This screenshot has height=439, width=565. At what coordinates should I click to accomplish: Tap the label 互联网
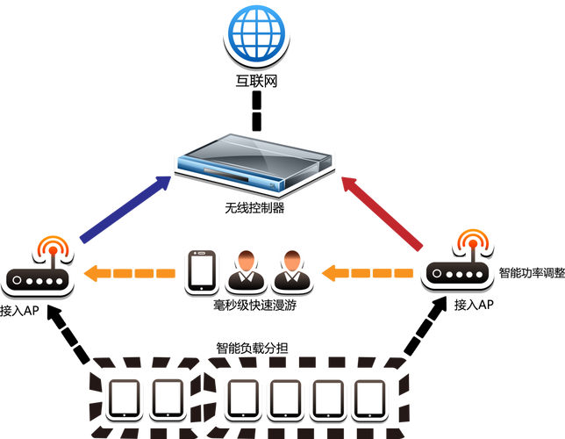click(x=256, y=81)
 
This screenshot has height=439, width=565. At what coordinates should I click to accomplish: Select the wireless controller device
click(x=254, y=164)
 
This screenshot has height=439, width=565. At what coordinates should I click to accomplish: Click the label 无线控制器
click(x=254, y=208)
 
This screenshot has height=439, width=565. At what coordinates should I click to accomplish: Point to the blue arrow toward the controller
click(x=125, y=210)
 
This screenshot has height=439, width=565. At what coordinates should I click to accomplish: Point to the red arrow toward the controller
click(x=382, y=213)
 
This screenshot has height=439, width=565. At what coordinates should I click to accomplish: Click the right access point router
click(x=458, y=261)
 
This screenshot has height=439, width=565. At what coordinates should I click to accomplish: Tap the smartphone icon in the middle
click(x=202, y=271)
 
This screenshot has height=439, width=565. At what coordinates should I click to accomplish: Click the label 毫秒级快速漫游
click(x=254, y=306)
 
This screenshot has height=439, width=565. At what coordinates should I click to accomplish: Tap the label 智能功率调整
click(x=532, y=273)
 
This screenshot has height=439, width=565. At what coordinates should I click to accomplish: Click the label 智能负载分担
click(x=252, y=349)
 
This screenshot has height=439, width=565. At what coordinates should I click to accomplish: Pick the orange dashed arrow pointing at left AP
click(x=130, y=273)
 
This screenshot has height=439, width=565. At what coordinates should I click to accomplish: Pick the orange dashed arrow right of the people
click(x=368, y=273)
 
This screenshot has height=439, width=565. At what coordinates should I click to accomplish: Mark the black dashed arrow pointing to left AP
click(x=68, y=334)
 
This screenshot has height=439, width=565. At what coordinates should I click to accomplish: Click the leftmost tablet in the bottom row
click(x=125, y=399)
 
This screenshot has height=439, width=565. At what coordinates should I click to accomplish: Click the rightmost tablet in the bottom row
click(x=370, y=399)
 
